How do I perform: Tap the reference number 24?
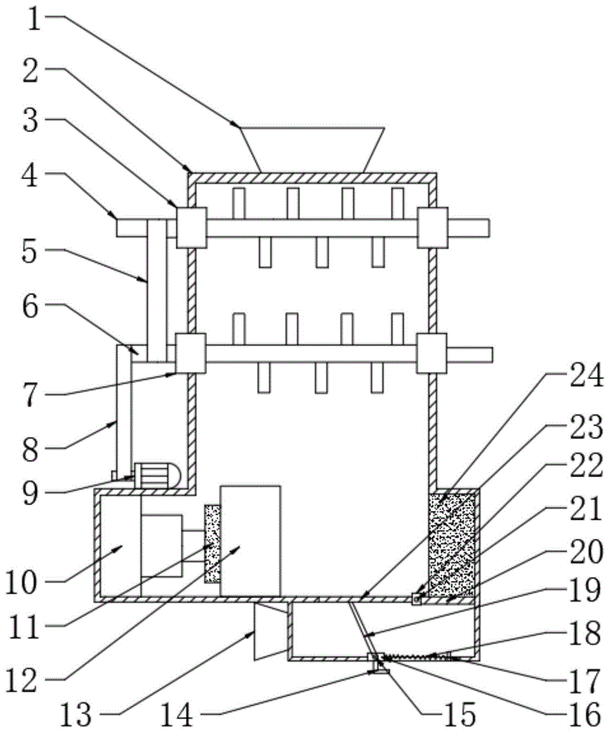582,378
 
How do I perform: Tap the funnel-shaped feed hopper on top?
313,149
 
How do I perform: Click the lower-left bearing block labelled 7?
191,353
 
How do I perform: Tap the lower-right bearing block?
432,353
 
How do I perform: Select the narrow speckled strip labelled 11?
211,543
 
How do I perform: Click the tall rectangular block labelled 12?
250,539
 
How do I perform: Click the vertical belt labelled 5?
157,289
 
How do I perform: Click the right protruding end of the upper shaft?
469,228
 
